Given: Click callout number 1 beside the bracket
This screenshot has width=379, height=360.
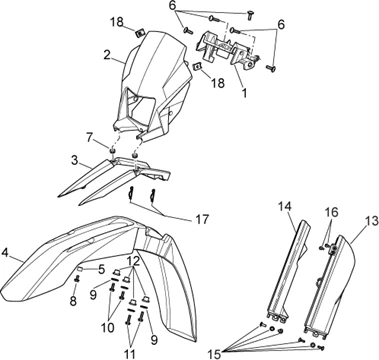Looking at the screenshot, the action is (x=244, y=92).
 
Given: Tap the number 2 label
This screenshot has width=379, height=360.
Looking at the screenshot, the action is (x=107, y=55).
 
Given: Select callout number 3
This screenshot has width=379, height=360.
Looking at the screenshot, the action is (x=74, y=160).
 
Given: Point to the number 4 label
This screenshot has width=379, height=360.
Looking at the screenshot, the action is (x=5, y=252).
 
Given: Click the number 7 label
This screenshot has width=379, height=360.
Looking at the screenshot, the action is (x=89, y=137).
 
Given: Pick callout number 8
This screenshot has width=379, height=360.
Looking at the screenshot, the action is (x=73, y=300).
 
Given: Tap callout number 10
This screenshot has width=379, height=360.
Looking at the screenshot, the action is (x=107, y=327).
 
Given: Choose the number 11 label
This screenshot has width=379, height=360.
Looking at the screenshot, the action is (x=129, y=354).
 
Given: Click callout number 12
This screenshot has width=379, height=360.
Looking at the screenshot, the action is (x=133, y=262).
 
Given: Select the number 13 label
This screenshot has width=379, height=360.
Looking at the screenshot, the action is (x=372, y=221).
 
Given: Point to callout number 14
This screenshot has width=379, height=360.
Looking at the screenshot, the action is (x=285, y=207).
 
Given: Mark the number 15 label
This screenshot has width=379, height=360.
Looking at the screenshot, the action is (x=215, y=353).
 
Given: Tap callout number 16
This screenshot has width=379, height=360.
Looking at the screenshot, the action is (x=331, y=212).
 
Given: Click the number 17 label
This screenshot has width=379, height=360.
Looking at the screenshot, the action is (x=202, y=219).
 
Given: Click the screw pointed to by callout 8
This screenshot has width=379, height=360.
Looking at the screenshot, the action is (x=77, y=279).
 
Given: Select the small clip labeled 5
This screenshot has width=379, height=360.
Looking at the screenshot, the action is (x=81, y=268).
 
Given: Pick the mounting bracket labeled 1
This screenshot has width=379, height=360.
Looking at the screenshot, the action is (x=228, y=49).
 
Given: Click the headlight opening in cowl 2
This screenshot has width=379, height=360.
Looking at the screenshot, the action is (x=140, y=107).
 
